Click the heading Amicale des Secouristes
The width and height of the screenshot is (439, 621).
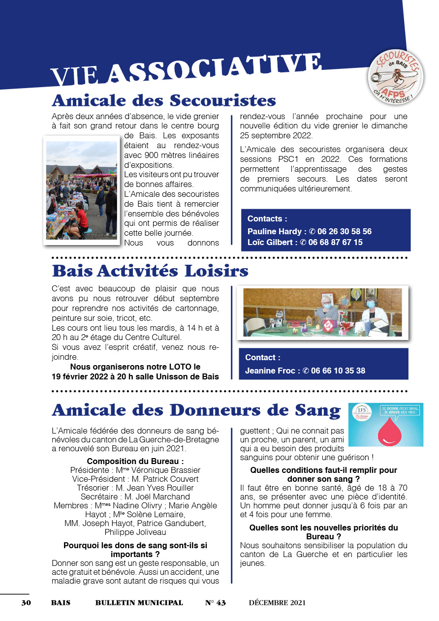[x=163, y=100]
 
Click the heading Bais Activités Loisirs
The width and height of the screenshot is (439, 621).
[x=150, y=271]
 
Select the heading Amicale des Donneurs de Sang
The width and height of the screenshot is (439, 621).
[x=196, y=410]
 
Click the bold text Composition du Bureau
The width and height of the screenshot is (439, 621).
[x=135, y=461]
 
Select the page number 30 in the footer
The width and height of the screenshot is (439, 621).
[x=26, y=603]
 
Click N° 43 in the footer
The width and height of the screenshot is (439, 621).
[x=215, y=603]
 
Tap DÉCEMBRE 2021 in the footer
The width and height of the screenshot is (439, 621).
[x=277, y=603]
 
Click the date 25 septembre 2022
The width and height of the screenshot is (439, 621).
[x=276, y=135]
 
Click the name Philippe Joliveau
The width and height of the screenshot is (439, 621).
[x=135, y=532]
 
